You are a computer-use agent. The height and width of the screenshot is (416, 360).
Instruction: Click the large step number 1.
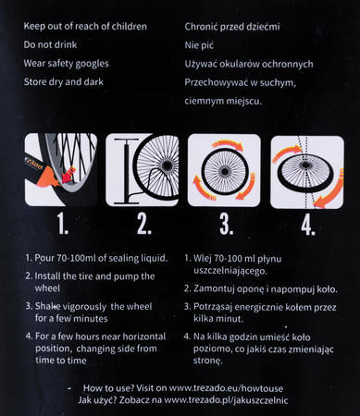pyautogui.click(x=62, y=224)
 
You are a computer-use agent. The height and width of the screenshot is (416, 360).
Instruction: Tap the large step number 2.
pyautogui.click(x=143, y=224)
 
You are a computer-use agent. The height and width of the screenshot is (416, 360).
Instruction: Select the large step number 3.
pyautogui.click(x=226, y=225)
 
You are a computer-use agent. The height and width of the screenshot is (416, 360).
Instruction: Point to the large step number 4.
pyautogui.click(x=308, y=225)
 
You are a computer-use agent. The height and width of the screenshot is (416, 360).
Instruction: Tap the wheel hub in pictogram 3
pyautogui.click(x=224, y=171)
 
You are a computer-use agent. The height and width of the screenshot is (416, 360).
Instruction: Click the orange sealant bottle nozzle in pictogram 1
pyautogui.click(x=47, y=177)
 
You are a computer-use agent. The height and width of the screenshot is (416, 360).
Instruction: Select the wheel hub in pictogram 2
pyautogui.click(x=168, y=165)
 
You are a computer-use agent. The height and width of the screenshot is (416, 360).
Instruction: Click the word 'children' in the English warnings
pyautogui.click(x=129, y=27)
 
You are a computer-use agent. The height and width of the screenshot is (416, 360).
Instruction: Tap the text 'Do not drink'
pyautogui.click(x=50, y=44)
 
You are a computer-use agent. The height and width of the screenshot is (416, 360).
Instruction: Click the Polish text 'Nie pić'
pyautogui.click(x=199, y=45)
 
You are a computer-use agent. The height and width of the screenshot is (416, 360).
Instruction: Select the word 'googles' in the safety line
pyautogui.click(x=92, y=64)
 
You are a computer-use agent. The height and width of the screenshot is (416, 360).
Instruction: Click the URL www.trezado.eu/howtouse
pyautogui.click(x=226, y=388)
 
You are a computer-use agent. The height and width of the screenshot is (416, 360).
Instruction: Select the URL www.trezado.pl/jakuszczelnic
pyautogui.click(x=226, y=400)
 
